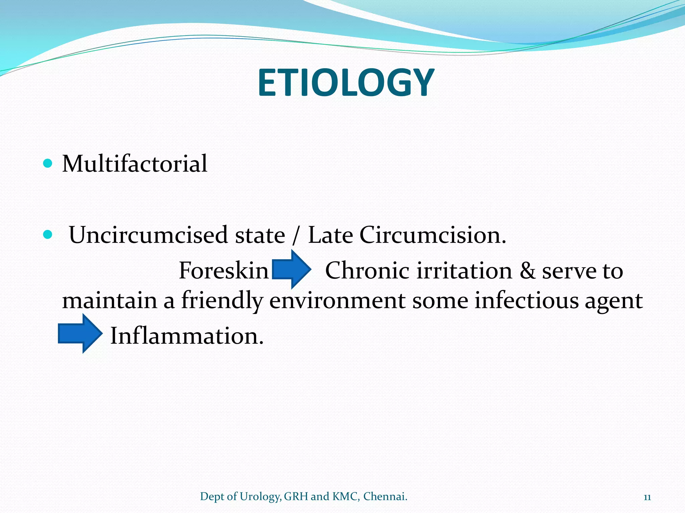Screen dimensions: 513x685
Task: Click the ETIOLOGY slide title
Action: [346, 83]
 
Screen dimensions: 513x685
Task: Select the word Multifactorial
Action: [134, 164]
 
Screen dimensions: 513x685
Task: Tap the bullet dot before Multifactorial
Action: [48, 163]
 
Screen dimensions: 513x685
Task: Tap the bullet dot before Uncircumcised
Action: [48, 235]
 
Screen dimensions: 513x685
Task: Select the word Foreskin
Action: [223, 271]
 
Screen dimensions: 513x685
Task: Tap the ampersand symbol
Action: [527, 271]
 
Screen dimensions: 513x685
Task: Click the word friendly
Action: [222, 301]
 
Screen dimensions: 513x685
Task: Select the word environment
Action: [337, 301]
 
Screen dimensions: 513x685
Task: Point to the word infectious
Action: [526, 301]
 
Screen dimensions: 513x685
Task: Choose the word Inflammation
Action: [187, 336]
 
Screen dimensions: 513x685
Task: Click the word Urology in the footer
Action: [260, 497]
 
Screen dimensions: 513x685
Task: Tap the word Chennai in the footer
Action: [385, 496]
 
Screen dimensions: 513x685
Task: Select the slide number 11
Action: [647, 497]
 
